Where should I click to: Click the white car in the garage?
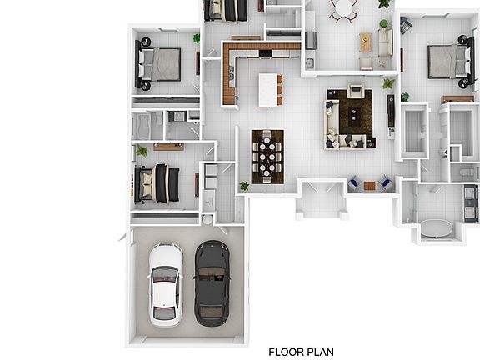166,285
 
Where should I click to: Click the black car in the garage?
212,283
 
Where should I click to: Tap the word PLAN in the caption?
320,352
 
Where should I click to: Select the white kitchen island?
267,90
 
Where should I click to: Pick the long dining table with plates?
267,157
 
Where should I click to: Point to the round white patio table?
343,7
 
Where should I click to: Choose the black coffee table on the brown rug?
353,114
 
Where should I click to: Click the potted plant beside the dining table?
244,186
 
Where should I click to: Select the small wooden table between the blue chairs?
369,186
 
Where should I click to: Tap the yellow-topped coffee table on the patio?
365,42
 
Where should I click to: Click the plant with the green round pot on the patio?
383,23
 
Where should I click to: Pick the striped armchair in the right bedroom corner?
406,25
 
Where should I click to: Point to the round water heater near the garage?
207,219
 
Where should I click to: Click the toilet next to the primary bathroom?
467,172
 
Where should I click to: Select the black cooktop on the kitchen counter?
265,54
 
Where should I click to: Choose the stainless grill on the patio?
311,40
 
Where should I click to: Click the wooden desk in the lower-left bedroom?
168,147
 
